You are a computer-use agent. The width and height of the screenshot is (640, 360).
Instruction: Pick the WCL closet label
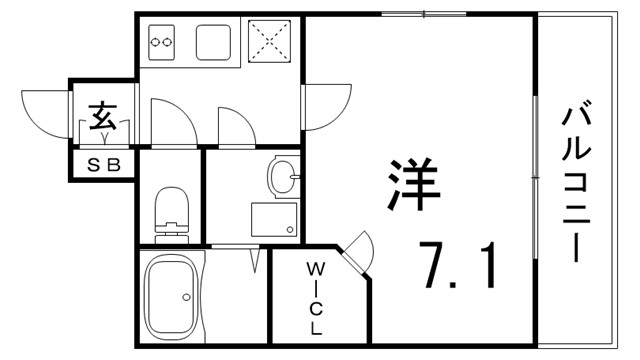coord(315,297)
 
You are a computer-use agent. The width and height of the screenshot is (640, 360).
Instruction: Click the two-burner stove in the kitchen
coord(162,42)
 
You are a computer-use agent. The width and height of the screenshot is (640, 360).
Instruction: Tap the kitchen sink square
coord(214,43)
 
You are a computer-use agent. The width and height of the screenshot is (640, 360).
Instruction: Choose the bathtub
coord(173,297)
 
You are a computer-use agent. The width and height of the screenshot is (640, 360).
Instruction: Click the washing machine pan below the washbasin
coord(273,220)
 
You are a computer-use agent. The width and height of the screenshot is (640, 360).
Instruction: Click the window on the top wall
coord(423,13)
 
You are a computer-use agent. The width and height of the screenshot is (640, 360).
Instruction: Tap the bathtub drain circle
coord(185,297)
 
